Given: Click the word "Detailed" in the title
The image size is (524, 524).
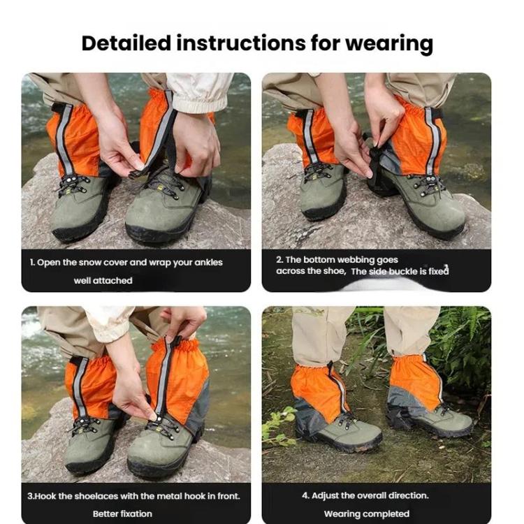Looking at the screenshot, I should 126,43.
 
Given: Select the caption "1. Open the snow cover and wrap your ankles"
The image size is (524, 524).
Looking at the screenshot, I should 126,263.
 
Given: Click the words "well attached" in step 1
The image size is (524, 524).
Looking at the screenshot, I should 103,280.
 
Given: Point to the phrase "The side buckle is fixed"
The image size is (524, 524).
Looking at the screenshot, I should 399,271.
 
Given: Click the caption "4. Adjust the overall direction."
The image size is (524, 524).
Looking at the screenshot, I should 365,495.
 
